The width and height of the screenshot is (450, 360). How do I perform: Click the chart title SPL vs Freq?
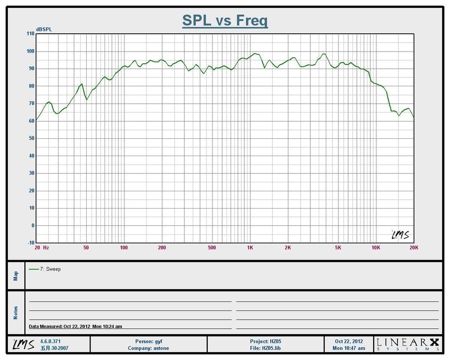coord(225,21)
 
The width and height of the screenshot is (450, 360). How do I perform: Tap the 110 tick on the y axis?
coord(31,34)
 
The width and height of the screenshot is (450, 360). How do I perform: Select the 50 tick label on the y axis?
coord(31,138)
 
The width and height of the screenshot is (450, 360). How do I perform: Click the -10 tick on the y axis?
coord(31,243)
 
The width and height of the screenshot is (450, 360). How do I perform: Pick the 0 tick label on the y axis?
coord(33,225)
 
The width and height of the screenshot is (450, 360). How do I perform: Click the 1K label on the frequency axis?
coord(250,247)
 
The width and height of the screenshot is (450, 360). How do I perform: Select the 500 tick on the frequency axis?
coord(212,247)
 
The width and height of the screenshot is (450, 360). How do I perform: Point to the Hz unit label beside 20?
coord(46,247)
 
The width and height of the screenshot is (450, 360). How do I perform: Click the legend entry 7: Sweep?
coord(45,269)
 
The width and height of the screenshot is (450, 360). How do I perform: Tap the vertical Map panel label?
coord(15,275)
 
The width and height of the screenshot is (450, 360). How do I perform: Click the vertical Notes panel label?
coord(15,313)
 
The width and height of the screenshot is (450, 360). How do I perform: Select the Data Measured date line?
coord(75,326)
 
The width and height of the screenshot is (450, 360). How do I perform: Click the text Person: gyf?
coord(148,342)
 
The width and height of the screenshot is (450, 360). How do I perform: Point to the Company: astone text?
coord(148,348)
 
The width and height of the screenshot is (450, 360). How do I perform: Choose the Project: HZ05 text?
coord(265,342)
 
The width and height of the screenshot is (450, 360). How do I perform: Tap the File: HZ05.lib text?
coord(265,348)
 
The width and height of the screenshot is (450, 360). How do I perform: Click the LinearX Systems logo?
coord(408,345)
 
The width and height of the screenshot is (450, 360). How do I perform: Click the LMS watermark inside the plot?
coord(400,235)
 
